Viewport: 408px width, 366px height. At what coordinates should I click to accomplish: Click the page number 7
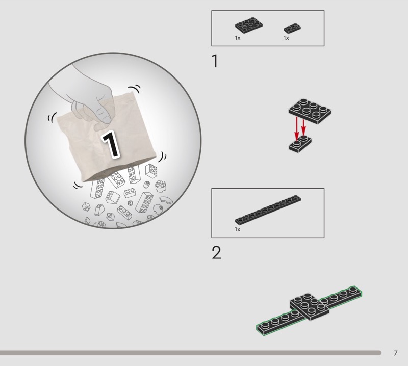pyautogui.click(x=396, y=353)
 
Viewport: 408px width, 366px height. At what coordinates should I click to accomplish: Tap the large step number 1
pyautogui.click(x=215, y=61)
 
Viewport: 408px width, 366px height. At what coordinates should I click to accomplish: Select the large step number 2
pyautogui.click(x=216, y=252)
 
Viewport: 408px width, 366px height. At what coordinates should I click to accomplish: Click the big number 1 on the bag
pyautogui.click(x=111, y=144)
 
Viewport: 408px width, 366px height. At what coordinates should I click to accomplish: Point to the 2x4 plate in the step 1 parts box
pyautogui.click(x=249, y=25)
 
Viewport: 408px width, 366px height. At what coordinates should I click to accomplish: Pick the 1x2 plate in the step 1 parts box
pyautogui.click(x=292, y=28)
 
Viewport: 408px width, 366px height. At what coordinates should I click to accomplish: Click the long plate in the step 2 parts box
pyautogui.click(x=268, y=210)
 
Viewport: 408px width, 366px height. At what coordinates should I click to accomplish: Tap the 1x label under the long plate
pyautogui.click(x=237, y=229)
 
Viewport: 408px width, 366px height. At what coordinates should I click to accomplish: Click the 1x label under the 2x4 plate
pyautogui.click(x=237, y=38)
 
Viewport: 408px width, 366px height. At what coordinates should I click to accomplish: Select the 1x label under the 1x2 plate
pyautogui.click(x=286, y=38)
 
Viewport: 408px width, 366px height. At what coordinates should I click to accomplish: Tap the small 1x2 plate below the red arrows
pyautogui.click(x=300, y=144)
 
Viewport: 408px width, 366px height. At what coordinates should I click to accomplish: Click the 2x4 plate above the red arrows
pyautogui.click(x=310, y=111)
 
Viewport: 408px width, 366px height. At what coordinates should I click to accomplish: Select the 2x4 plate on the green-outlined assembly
pyautogui.click(x=310, y=306)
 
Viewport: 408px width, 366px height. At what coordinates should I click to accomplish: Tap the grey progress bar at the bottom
pyautogui.click(x=190, y=353)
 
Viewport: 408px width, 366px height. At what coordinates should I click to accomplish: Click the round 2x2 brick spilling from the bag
pyautogui.click(x=161, y=186)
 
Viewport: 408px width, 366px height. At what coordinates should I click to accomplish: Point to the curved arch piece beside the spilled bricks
pyautogui.click(x=166, y=200)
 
